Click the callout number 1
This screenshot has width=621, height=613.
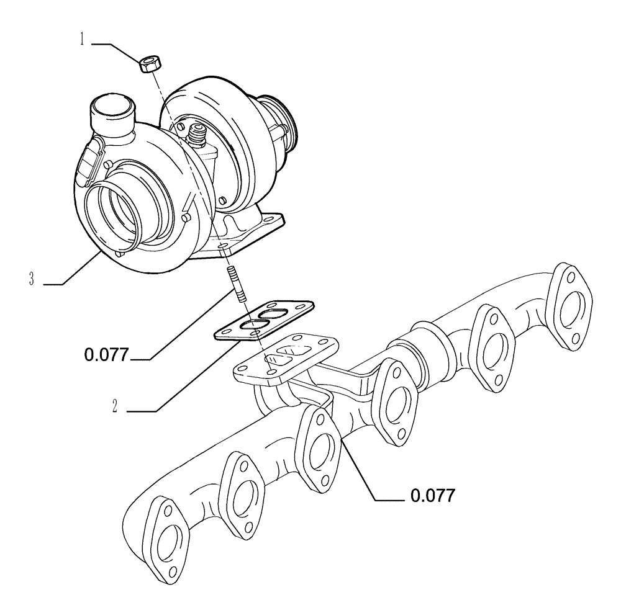[81, 41]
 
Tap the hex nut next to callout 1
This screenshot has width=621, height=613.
[149, 62]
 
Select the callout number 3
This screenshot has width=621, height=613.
[31, 279]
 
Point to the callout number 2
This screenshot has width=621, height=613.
[116, 407]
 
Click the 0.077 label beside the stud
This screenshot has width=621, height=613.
[106, 356]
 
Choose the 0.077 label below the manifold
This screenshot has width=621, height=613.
[433, 495]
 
